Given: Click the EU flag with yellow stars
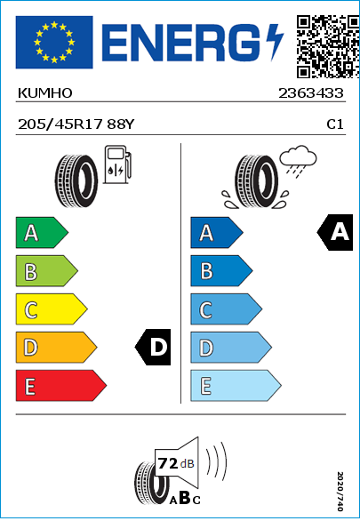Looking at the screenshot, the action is [54, 42].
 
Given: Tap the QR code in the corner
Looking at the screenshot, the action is [328, 46].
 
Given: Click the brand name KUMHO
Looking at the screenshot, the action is [44, 93].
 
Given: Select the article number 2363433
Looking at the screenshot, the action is [311, 93].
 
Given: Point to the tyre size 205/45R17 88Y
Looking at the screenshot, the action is [76, 124].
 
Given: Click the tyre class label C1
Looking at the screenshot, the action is [335, 124].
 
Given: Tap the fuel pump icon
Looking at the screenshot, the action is [117, 164].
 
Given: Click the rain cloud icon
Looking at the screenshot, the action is [298, 161].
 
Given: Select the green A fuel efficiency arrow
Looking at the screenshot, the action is [42, 232].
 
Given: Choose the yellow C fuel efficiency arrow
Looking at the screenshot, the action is [52, 309].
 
